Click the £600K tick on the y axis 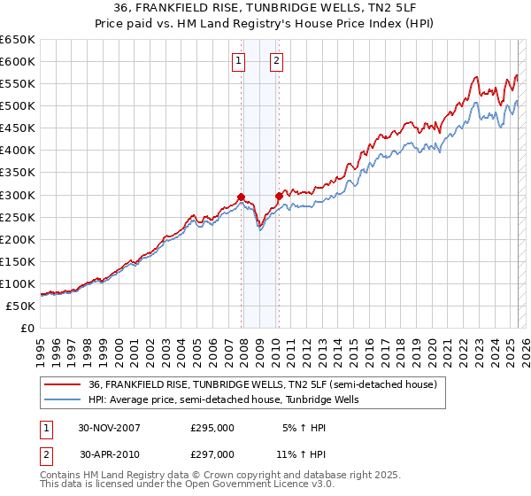[x=18, y=61]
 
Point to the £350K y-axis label [x=18, y=150]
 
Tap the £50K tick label [x=21, y=306]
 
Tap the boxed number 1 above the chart [x=239, y=61]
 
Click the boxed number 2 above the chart [x=277, y=61]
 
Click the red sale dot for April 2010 [x=279, y=196]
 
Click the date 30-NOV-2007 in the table [x=109, y=427]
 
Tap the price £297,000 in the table [x=212, y=453]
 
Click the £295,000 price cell [x=212, y=427]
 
